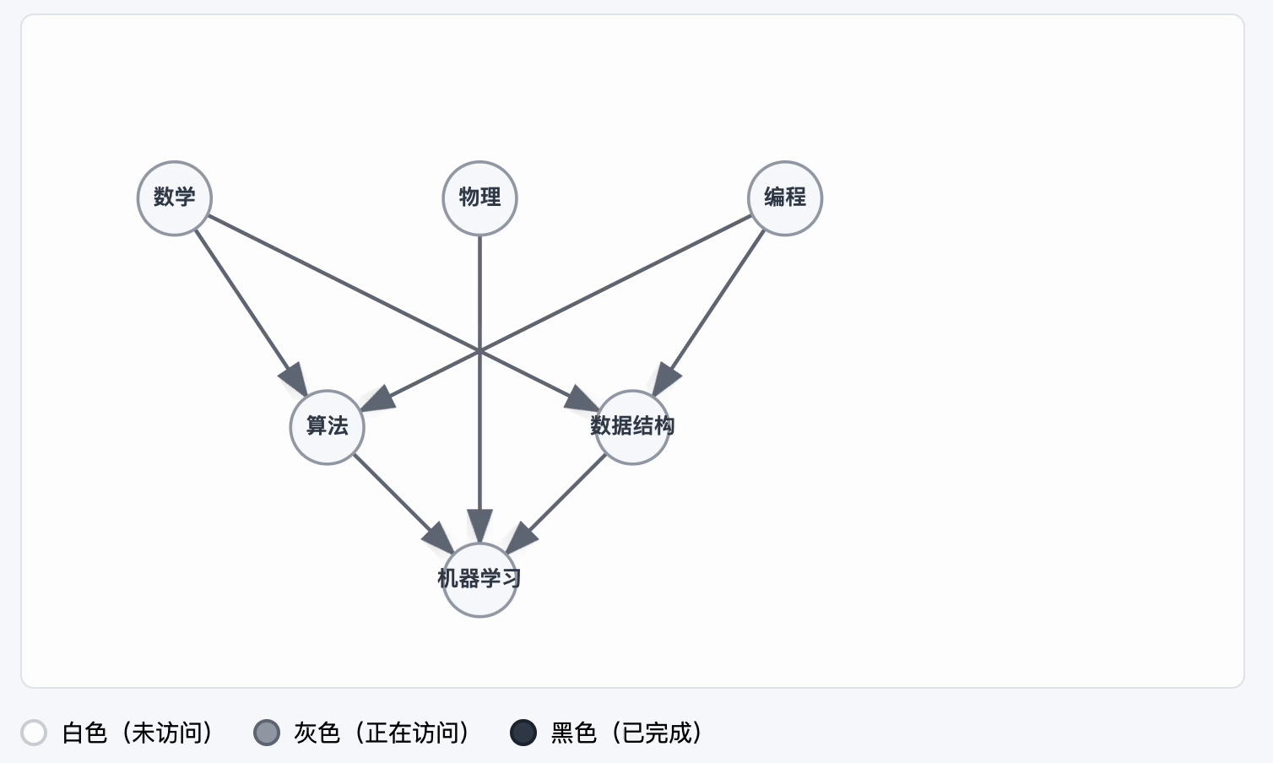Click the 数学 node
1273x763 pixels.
(x=175, y=198)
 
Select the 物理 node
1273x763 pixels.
(x=479, y=198)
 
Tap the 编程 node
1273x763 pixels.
(x=785, y=198)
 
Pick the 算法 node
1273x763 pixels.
(x=328, y=427)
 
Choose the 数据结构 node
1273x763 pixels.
(x=632, y=427)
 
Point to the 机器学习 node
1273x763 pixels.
(x=479, y=580)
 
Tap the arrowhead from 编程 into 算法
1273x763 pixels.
(x=377, y=399)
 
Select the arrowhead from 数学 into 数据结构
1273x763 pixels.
(x=582, y=399)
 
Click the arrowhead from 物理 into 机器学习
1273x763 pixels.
(x=479, y=526)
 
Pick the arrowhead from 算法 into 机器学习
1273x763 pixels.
(x=440, y=538)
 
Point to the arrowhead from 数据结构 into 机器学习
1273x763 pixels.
(x=521, y=538)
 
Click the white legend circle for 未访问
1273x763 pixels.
(x=34, y=733)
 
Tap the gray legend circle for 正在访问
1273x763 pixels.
(x=267, y=733)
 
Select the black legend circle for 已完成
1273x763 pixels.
(x=523, y=733)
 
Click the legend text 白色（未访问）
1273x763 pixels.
(x=138, y=733)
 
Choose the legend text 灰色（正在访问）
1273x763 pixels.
(x=382, y=733)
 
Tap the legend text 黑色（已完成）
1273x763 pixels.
(x=626, y=733)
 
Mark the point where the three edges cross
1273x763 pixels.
(x=479, y=349)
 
